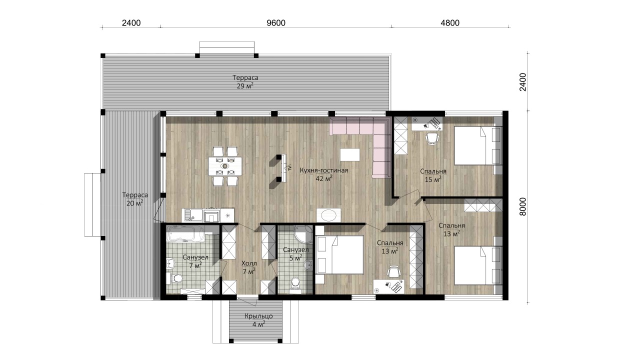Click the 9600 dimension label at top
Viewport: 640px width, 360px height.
275,23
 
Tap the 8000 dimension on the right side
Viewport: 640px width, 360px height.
522,206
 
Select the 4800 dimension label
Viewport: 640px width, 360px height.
450,23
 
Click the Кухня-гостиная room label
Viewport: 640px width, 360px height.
324,170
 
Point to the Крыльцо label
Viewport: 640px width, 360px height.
258,316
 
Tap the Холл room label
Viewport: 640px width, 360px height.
249,263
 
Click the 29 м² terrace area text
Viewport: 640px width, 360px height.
245,85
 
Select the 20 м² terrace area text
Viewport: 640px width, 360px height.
135,203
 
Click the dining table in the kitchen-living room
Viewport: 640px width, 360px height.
225,166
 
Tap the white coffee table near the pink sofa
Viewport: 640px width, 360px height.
349,154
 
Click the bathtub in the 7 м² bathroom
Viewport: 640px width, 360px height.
185,234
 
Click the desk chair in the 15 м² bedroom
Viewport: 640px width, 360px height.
432,138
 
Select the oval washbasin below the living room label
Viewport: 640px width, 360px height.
328,214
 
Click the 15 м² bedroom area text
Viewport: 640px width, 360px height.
433,179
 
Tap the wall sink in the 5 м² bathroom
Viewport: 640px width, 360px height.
308,265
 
